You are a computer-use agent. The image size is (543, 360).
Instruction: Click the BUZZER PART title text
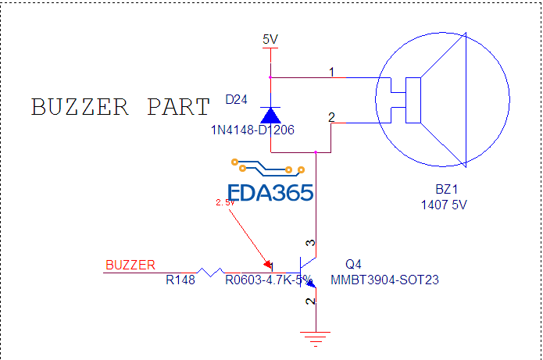point(120,107)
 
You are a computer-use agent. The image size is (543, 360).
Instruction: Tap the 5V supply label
point(270,39)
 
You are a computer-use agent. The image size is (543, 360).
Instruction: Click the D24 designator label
point(238,100)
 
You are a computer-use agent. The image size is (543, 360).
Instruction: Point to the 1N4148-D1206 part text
point(252,130)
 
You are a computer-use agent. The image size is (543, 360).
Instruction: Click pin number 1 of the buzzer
point(331,73)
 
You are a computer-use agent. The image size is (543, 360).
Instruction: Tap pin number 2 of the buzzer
point(331,117)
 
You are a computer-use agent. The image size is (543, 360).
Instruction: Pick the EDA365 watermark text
point(270,193)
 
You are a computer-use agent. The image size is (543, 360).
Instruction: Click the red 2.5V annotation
point(225,203)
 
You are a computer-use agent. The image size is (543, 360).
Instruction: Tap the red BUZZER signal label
point(130,265)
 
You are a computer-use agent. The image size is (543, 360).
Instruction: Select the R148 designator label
point(180,280)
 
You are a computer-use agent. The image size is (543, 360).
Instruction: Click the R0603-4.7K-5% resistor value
point(269,280)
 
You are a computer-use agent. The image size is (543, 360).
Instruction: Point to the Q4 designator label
point(354,265)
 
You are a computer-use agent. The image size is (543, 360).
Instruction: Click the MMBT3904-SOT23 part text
point(384,280)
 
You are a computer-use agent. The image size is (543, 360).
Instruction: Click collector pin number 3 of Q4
point(309,245)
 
